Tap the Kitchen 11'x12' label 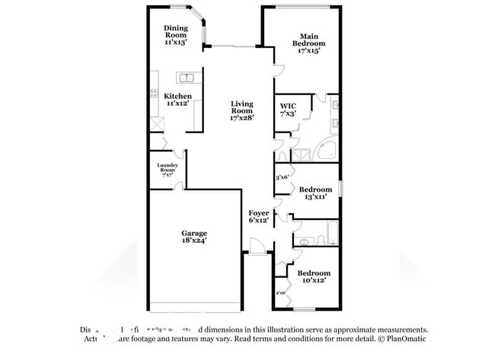pyautogui.click(x=177, y=100)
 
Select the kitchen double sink pyautogui.click(x=187, y=78)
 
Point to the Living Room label pyautogui.click(x=242, y=111)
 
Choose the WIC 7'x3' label pyautogui.click(x=289, y=110)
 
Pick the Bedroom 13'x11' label pyautogui.click(x=315, y=193)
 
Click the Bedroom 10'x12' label pyautogui.click(x=314, y=277)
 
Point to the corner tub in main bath pyautogui.click(x=328, y=150)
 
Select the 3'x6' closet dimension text pyautogui.click(x=281, y=177)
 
